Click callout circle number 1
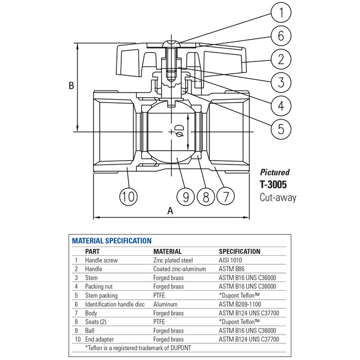[281, 12]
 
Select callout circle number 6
[281, 36]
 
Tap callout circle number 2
[281, 59]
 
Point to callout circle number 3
[281, 83]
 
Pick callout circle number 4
[281, 105]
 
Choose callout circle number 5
[281, 128]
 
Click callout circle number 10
[128, 196]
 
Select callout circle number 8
[205, 196]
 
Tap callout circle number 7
[226, 196]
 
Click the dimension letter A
[170, 210]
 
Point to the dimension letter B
[71, 86]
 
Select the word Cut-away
[277, 197]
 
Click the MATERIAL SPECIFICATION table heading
[112, 241]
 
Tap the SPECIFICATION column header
[239, 251]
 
